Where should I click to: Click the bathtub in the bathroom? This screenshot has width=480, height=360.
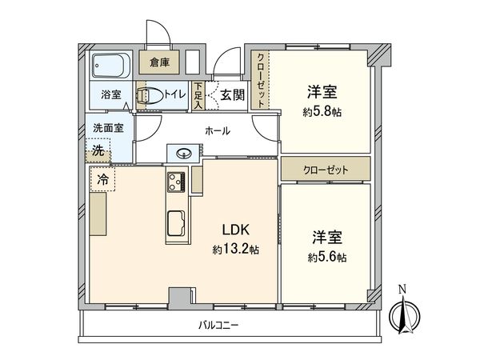pos(109,64)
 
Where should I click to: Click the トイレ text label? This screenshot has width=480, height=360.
pos(175,95)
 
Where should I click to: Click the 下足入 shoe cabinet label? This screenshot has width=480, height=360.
pos(198,95)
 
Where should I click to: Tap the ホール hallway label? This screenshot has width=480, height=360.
pos(218,130)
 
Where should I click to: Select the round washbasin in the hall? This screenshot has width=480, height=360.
pos(182,153)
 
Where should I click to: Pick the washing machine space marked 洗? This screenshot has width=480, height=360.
pos(97,150)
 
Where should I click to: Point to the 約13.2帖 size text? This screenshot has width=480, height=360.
pos(235,250)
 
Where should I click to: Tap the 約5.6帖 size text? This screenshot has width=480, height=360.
pos(329,258)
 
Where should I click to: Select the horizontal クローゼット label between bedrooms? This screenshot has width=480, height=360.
pos(325,170)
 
